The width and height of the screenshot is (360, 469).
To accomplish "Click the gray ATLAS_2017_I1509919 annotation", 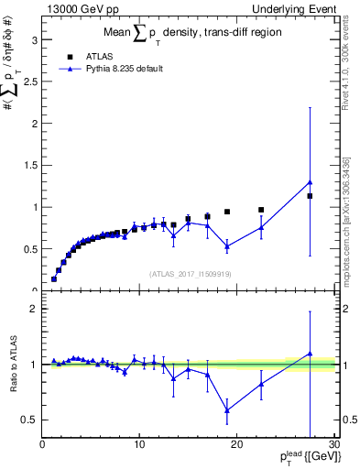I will pyautogui.click(x=189, y=273).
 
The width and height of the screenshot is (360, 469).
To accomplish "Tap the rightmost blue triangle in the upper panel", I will pyautogui.click(x=310, y=182).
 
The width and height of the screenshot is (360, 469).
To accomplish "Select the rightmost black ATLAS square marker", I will pyautogui.click(x=310, y=196).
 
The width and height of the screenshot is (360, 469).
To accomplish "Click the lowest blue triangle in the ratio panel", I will pyautogui.click(x=226, y=409).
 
